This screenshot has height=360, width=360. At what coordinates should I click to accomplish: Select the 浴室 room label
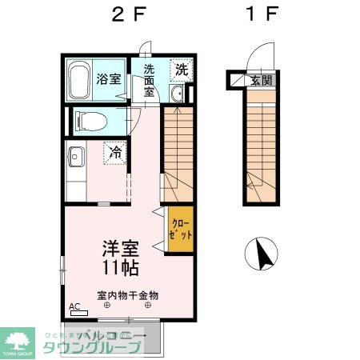coord(109,81)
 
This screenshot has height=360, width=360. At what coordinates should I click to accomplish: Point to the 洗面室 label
coord(149,80)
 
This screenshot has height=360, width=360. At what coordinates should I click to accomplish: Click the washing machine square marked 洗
coord(182,70)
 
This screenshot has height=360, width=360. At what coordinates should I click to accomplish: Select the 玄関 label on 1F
coord(261,81)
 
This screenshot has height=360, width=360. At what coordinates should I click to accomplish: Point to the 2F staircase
coord(178,152)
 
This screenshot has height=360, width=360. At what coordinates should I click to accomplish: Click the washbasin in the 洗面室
coord(176,95)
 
